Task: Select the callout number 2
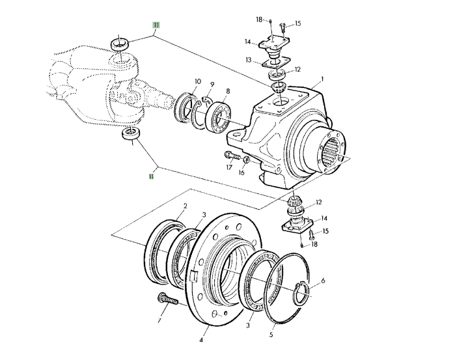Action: tap(185, 206)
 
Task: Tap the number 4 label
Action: tap(202, 340)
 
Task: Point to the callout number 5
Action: tap(271, 336)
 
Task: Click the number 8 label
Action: tap(227, 92)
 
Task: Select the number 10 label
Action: tap(197, 81)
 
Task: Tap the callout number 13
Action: tap(249, 59)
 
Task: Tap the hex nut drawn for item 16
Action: tap(247, 159)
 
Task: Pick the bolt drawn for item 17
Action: tap(231, 156)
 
